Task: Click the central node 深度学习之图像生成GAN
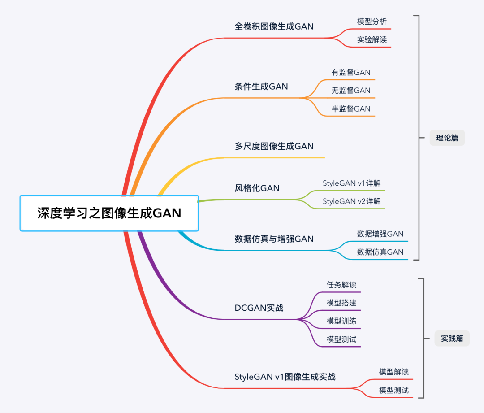pyautogui.click(x=109, y=213)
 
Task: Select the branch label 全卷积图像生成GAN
pyautogui.click(x=274, y=26)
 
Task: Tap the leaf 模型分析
pyautogui.click(x=372, y=22)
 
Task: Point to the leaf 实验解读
pyautogui.click(x=372, y=39)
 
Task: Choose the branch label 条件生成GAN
pyautogui.click(x=261, y=87)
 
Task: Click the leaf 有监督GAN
pyautogui.click(x=351, y=72)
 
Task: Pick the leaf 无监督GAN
pyautogui.click(x=351, y=91)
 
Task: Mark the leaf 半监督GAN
pyautogui.click(x=351, y=109)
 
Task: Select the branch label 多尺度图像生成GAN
pyautogui.click(x=274, y=146)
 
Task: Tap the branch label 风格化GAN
pyautogui.click(x=257, y=188)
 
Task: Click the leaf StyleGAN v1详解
pyautogui.click(x=352, y=183)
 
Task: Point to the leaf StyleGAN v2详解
pyautogui.click(x=352, y=201)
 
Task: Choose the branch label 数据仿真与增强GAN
pyautogui.click(x=274, y=239)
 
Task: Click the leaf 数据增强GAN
pyautogui.click(x=380, y=234)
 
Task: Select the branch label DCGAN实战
pyautogui.click(x=259, y=308)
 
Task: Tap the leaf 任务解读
pyautogui.click(x=341, y=285)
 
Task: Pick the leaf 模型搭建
pyautogui.click(x=341, y=303)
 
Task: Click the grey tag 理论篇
pyautogui.click(x=447, y=138)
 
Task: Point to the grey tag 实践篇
pyautogui.click(x=452, y=339)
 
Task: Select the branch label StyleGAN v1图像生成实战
pyautogui.click(x=285, y=377)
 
